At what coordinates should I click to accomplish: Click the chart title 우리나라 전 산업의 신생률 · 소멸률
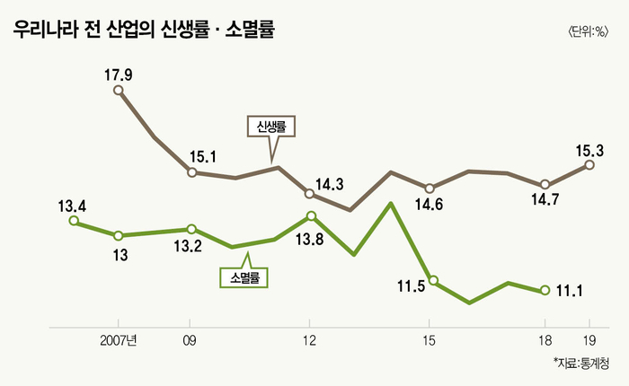(x=144, y=30)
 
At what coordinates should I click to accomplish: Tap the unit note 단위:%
(x=588, y=32)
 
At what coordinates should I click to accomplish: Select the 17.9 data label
(x=119, y=75)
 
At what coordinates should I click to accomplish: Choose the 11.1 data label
(x=572, y=291)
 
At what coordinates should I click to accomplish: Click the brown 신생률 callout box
(x=270, y=127)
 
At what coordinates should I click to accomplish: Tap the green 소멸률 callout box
(x=244, y=276)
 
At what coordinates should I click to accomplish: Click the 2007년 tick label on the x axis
(x=118, y=340)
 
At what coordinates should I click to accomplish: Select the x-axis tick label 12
(x=309, y=340)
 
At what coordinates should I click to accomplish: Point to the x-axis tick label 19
(x=589, y=340)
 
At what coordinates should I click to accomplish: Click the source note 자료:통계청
(x=580, y=364)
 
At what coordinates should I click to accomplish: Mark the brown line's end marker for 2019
(x=589, y=164)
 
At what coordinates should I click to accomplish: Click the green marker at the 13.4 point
(x=74, y=221)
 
